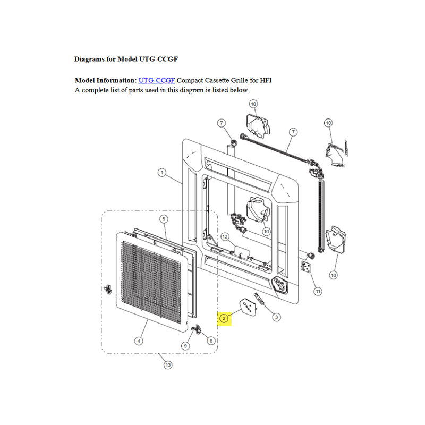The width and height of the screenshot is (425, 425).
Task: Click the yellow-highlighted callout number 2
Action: point(224,318)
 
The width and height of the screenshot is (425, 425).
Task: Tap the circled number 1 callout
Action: point(162,172)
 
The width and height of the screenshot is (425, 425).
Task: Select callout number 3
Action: point(276,317)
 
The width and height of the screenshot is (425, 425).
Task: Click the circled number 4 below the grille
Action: point(139,341)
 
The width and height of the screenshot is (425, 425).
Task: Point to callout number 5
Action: point(164,219)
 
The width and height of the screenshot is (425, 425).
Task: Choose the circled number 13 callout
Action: point(168,365)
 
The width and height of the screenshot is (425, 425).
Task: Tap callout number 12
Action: point(225,236)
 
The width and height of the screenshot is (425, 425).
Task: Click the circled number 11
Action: point(318,291)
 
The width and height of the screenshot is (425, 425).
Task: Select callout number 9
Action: point(185,346)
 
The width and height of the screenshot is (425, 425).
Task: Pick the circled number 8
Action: point(211,341)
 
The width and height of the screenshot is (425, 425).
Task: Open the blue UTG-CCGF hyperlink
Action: point(157,81)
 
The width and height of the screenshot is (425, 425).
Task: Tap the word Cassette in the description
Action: point(217,81)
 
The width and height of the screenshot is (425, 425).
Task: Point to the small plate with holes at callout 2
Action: point(248,307)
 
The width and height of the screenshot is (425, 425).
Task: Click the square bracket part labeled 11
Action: point(306,267)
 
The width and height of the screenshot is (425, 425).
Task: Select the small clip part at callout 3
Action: point(259,299)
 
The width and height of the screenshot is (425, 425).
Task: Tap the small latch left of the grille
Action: point(108,289)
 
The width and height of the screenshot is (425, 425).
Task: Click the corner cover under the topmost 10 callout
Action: point(258,126)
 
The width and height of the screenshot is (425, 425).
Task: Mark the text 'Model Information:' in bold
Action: point(106,81)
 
